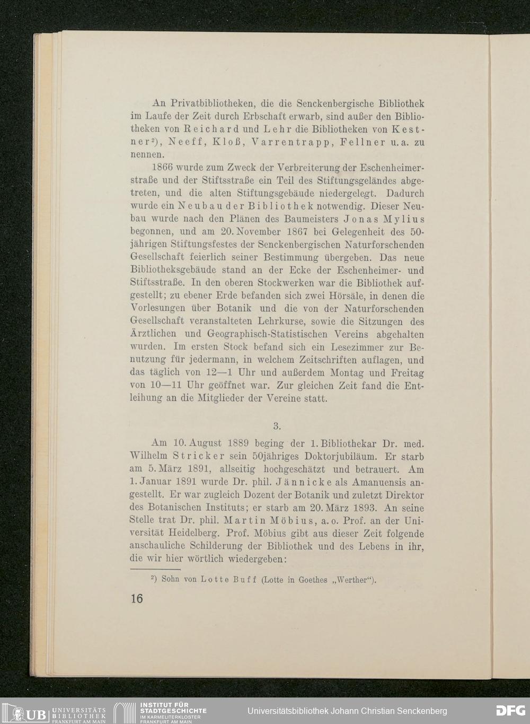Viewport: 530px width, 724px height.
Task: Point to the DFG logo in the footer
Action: [x=510, y=711]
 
